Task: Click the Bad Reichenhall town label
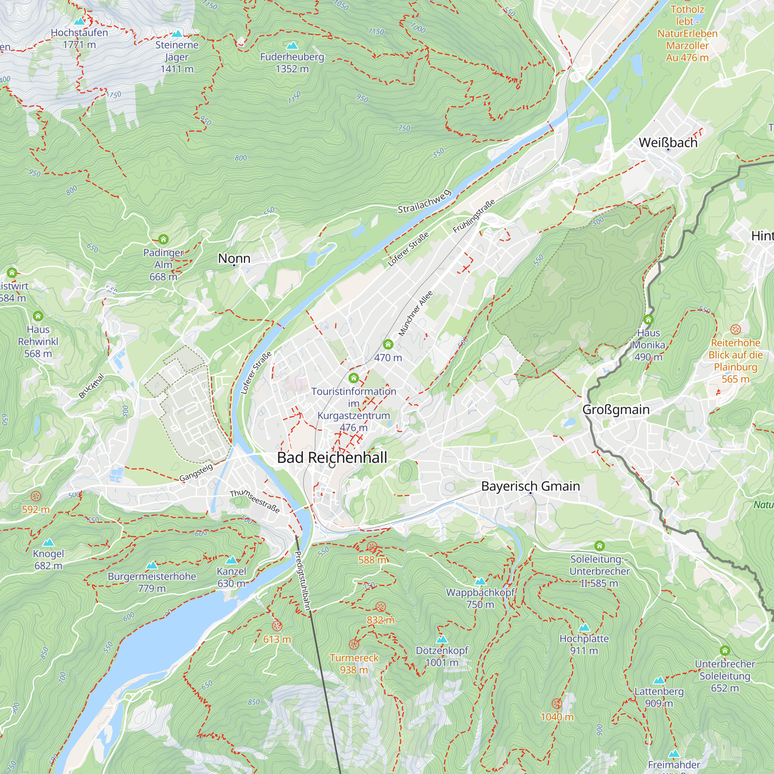332,457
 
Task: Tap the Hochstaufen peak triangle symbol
79,21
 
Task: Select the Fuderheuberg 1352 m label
292,63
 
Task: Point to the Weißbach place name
668,143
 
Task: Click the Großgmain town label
616,409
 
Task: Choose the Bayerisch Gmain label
531,486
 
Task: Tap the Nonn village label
234,259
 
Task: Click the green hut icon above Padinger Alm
163,239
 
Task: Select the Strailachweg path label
424,202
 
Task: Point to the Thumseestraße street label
255,501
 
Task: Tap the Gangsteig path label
196,472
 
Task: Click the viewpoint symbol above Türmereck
353,645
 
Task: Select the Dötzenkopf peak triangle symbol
442,639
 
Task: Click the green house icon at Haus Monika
648,319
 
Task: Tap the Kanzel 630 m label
231,577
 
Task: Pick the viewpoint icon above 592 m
36,496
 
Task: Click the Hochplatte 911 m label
584,644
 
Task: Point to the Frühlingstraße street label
474,216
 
